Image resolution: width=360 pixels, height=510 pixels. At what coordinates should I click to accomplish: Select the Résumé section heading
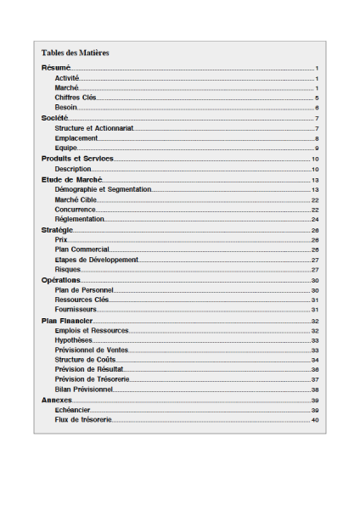tap(55, 68)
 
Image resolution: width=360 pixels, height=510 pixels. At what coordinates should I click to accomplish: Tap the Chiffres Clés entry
tap(76, 98)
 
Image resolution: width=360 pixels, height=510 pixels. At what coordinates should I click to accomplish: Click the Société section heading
tap(55, 119)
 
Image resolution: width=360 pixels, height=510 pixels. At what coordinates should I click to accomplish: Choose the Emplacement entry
tap(76, 138)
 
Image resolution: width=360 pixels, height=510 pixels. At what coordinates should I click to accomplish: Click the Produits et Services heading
tap(77, 159)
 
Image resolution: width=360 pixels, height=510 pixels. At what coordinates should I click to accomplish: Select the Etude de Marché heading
tap(71, 180)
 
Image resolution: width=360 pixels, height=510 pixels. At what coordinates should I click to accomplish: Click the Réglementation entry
tap(80, 220)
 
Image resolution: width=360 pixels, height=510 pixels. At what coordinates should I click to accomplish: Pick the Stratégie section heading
tap(58, 230)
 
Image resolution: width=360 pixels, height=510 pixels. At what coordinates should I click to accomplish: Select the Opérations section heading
tap(61, 280)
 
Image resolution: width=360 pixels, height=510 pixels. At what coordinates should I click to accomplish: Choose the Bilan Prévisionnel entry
tap(83, 390)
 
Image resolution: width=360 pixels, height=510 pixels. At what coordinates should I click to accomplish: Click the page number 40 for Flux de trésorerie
tap(314, 420)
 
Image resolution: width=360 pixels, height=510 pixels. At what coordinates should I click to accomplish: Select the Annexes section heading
tap(57, 400)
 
